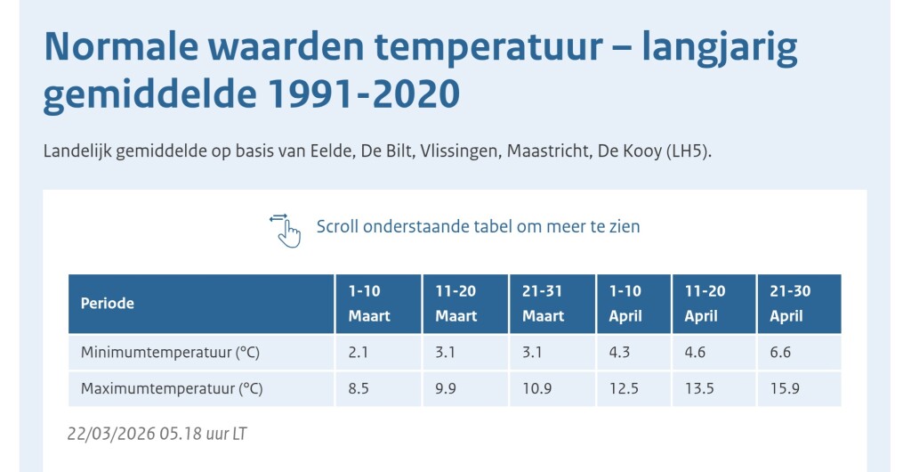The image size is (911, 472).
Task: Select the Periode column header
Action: pos(108,304)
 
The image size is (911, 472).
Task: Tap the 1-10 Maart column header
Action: pos(369,304)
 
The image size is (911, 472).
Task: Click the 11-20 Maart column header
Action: pos(456,304)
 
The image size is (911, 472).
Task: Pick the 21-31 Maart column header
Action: pos(544,304)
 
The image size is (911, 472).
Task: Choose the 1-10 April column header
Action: pos(625,304)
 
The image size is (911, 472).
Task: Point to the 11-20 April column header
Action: pos(705,304)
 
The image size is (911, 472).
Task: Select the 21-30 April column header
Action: pos(790,304)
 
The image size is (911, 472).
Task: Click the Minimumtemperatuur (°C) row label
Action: pos(170,353)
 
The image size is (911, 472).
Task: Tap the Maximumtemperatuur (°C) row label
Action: pos(172,389)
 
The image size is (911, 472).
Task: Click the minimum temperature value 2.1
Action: pos(359,353)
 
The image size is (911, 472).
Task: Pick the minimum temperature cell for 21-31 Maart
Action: pos(533,353)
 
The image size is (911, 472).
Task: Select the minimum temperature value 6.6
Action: pos(780,353)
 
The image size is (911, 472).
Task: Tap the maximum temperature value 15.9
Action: pos(785,389)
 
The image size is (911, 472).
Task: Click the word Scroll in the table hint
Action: pos(337,226)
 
